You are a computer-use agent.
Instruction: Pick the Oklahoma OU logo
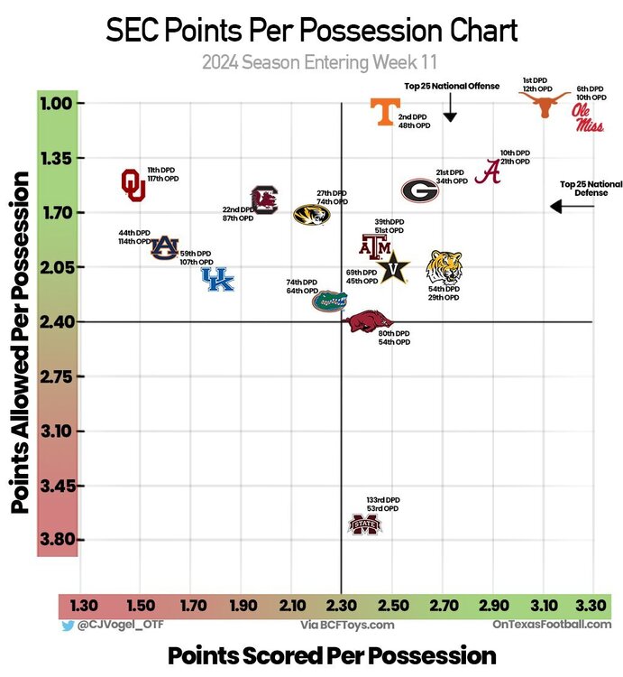click(133, 183)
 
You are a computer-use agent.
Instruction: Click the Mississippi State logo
click(365, 524)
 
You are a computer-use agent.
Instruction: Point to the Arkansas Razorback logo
click(371, 321)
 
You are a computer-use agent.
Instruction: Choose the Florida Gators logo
click(329, 300)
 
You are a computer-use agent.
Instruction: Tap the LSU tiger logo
click(444, 266)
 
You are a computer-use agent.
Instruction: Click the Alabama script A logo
click(490, 171)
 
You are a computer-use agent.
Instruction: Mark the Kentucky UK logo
click(216, 280)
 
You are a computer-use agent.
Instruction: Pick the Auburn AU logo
click(164, 246)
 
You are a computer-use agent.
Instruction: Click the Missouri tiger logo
click(311, 215)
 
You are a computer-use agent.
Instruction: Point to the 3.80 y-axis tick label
click(61, 541)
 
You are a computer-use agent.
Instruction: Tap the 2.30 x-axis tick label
click(342, 605)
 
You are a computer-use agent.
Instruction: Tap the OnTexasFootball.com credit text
click(551, 625)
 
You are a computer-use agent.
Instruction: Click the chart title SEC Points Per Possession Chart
click(311, 31)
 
